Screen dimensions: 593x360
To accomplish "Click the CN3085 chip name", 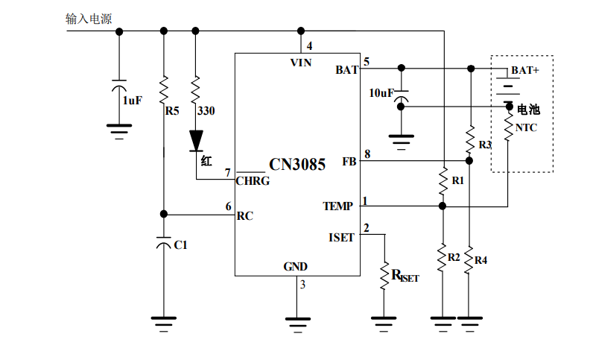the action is click(x=297, y=164).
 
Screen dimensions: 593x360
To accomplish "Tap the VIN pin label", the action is click(x=301, y=63).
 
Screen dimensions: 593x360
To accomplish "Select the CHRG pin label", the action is click(x=253, y=181).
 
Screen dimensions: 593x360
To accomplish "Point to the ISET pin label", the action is click(x=341, y=237).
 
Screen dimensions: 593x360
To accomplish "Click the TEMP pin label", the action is click(x=337, y=206).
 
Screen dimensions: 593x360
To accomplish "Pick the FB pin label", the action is click(x=349, y=162).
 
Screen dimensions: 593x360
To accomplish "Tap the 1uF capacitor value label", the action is click(x=133, y=101).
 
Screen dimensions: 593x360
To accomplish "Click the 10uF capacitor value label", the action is click(x=381, y=92).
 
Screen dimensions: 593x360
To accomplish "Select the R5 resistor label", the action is click(x=172, y=110).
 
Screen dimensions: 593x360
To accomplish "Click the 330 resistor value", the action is click(x=206, y=110).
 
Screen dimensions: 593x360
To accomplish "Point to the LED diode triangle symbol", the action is click(x=196, y=141).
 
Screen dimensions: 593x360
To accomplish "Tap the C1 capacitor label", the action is click(x=180, y=245).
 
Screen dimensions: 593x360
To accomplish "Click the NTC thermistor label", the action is click(x=526, y=127).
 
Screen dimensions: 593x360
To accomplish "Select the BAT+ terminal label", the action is click(x=525, y=70).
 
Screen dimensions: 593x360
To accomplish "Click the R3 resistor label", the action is click(x=485, y=145).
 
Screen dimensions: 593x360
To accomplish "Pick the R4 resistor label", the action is click(x=481, y=260).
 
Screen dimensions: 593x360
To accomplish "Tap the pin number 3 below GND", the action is click(x=302, y=284).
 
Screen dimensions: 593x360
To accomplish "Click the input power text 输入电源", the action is click(x=89, y=19).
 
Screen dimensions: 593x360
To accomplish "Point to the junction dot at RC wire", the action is click(x=164, y=214).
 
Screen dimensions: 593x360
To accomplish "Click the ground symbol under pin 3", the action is click(x=298, y=324).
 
